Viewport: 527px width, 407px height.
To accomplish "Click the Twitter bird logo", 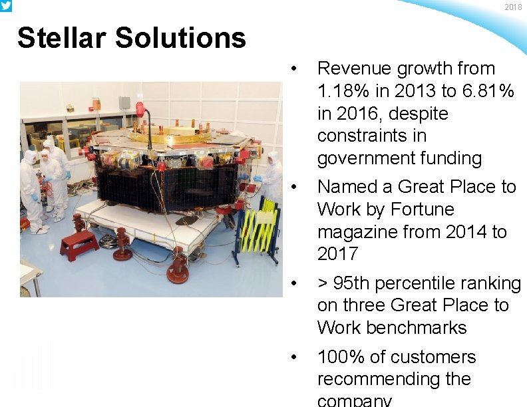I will [5, 5].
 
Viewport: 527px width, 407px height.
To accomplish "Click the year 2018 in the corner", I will [513, 7].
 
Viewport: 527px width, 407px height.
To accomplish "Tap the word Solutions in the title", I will [181, 38].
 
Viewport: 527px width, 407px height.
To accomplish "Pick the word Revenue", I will [354, 68].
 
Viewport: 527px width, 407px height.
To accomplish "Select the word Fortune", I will [423, 209].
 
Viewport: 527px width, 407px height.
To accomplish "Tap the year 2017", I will [338, 254].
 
